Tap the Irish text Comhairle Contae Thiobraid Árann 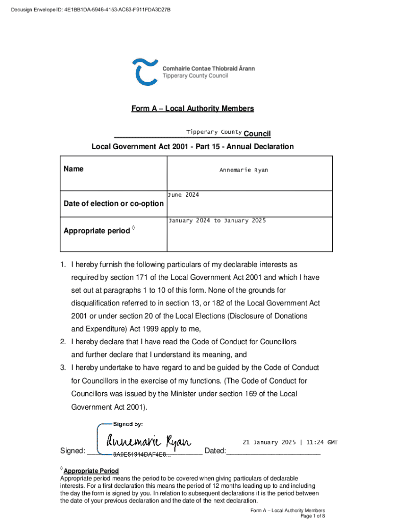pyautogui.click(x=208, y=68)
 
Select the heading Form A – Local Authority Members pyautogui.click(x=192, y=108)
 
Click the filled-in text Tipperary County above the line pyautogui.click(x=214, y=132)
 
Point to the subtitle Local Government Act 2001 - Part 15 pyautogui.click(x=192, y=147)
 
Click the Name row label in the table pyautogui.click(x=73, y=169)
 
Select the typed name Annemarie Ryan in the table pyautogui.click(x=243, y=170)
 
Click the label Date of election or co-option pyautogui.click(x=113, y=204)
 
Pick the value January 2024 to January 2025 pyautogui.click(x=217, y=221)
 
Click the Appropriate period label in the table pyautogui.click(x=97, y=231)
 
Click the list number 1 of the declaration pyautogui.click(x=62, y=265)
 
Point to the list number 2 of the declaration pyautogui.click(x=62, y=342)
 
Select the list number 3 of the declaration pyautogui.click(x=62, y=368)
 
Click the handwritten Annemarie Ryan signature pyautogui.click(x=148, y=441)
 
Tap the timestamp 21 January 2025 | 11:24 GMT pyautogui.click(x=290, y=442)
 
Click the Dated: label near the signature pyautogui.click(x=214, y=451)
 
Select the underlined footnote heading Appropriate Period pyautogui.click(x=91, y=471)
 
